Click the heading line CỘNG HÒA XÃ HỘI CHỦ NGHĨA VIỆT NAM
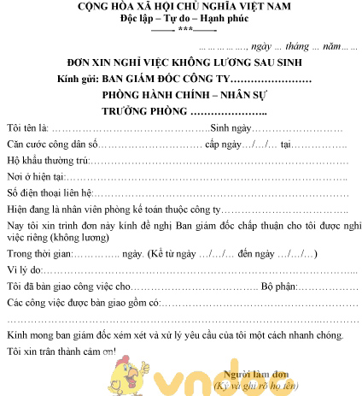[182, 7]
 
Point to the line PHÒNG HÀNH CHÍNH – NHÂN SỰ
[182, 98]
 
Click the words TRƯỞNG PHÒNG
[145, 113]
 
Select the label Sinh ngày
[231, 128]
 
